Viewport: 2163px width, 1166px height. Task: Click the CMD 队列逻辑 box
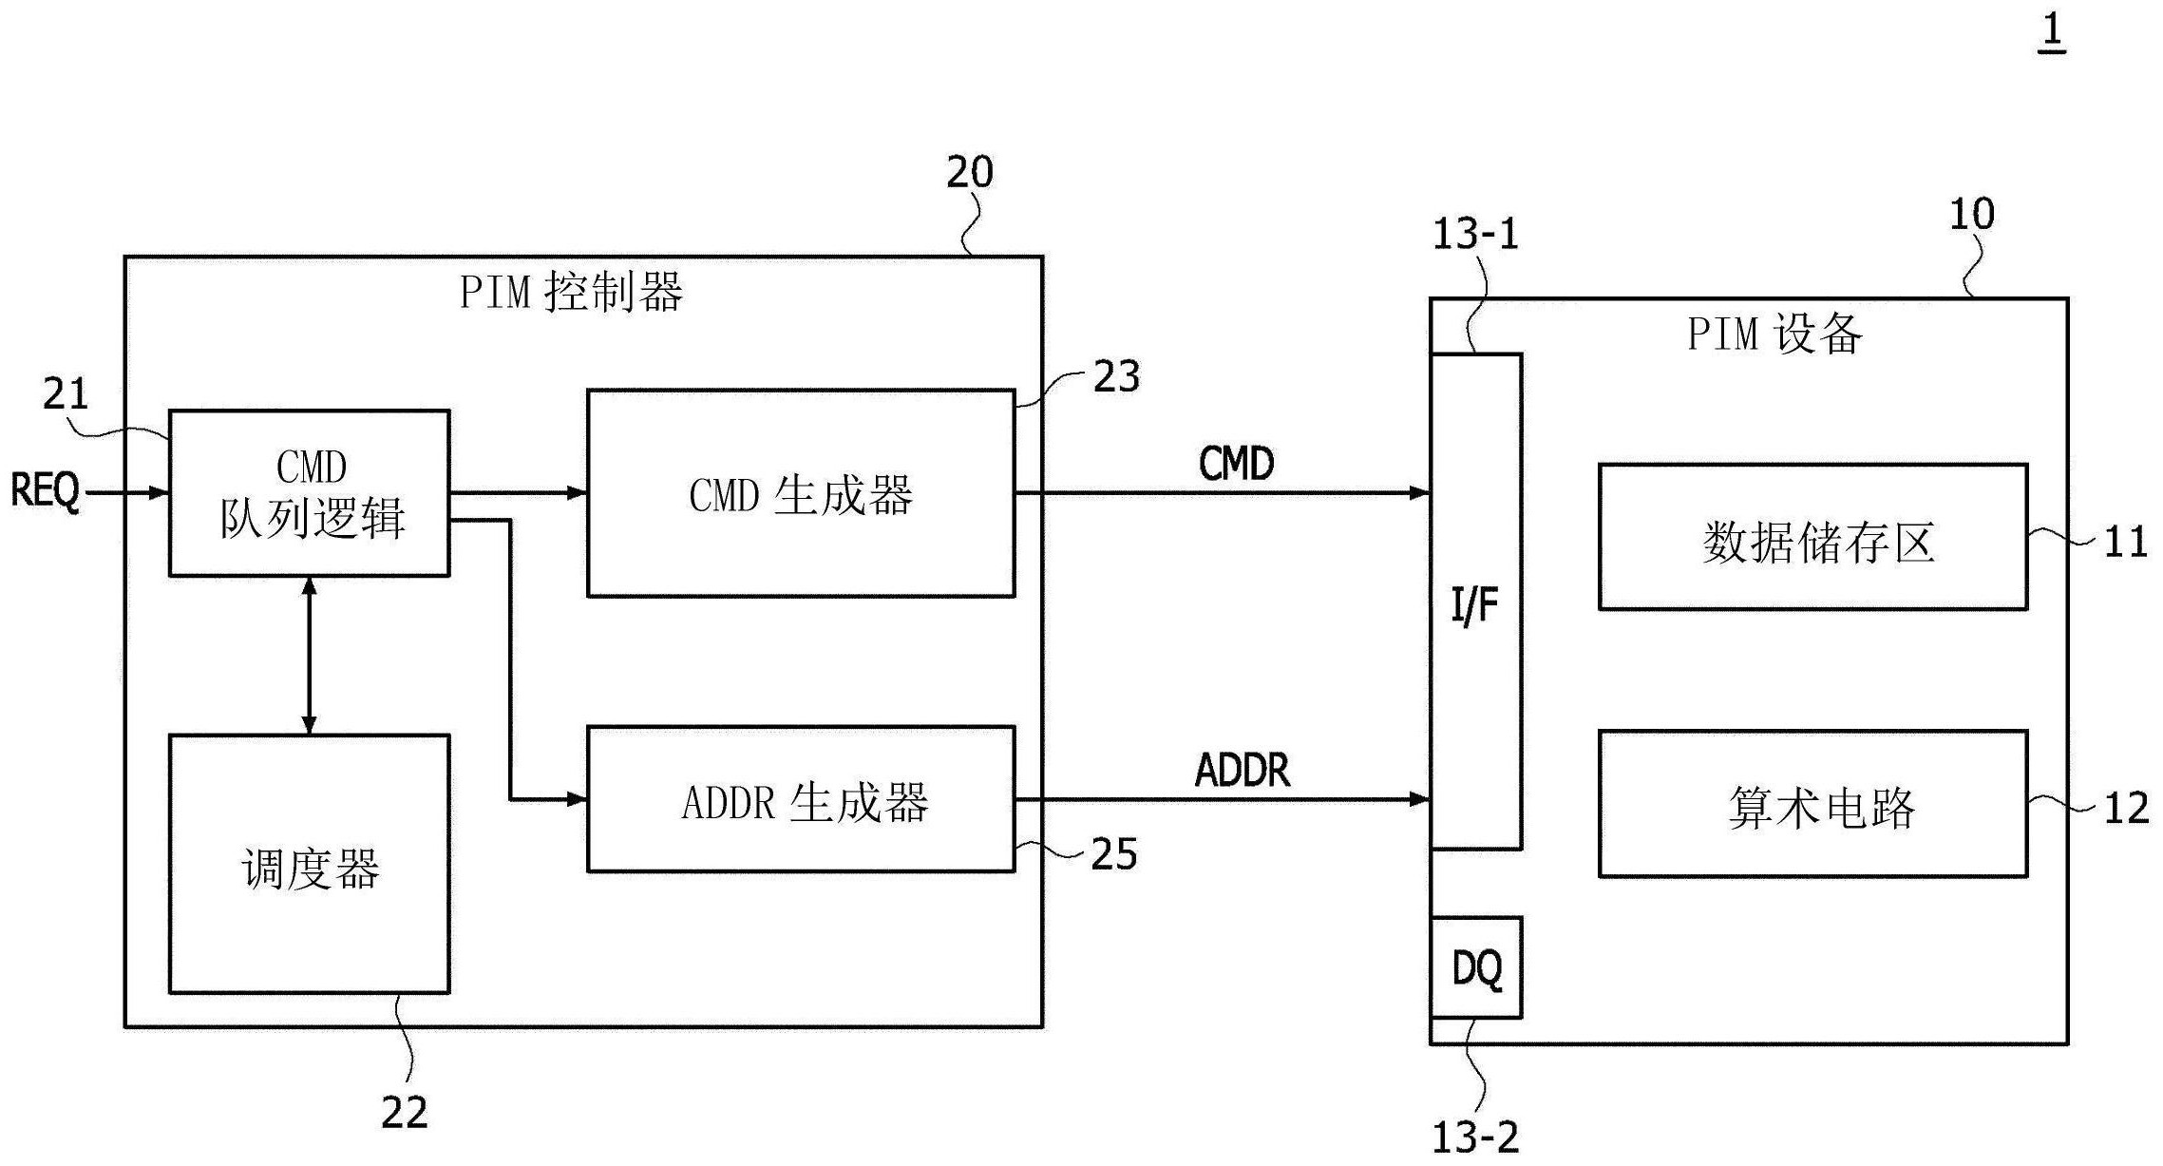(x=309, y=492)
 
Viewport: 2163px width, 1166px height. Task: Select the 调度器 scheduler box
(x=309, y=865)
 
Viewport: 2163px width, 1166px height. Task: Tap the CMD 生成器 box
(x=800, y=493)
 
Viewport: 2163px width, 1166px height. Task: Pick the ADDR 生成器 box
(x=800, y=799)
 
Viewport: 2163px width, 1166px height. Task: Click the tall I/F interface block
(x=1475, y=602)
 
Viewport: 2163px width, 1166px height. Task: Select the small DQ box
(x=1475, y=967)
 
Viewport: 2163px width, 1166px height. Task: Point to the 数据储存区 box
(x=1812, y=537)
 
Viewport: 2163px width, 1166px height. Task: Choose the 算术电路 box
(x=1812, y=804)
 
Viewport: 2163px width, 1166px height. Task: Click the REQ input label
(x=45, y=491)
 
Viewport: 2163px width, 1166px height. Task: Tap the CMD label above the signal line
(x=1236, y=464)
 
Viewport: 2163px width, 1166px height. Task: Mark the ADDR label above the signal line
(x=1242, y=770)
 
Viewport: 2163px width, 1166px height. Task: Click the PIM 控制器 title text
(x=571, y=292)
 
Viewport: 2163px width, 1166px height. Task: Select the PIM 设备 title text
(x=1774, y=335)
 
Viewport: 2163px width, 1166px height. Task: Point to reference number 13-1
(x=1474, y=234)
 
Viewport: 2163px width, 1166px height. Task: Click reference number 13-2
(x=1474, y=1137)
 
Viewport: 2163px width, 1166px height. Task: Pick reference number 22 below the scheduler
(x=405, y=1112)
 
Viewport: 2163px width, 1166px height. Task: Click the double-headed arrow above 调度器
(x=309, y=655)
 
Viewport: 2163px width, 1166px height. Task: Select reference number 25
(x=1113, y=853)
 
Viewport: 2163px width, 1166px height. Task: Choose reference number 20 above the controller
(x=969, y=172)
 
